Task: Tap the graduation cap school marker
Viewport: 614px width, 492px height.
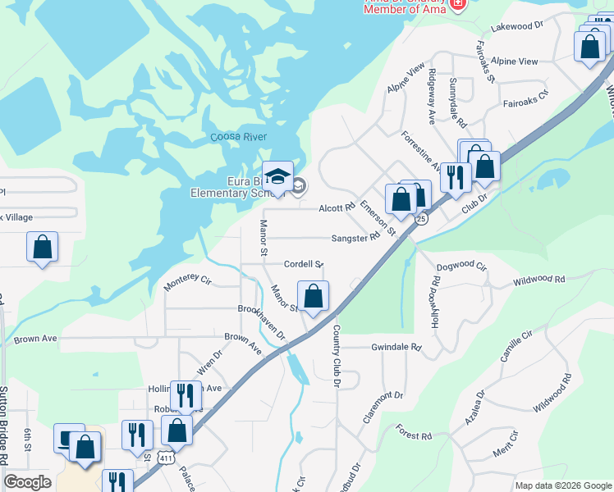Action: (279, 178)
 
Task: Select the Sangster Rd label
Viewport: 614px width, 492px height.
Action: (355, 238)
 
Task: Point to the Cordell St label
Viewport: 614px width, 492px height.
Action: (303, 264)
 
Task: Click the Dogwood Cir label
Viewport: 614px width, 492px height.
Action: (461, 266)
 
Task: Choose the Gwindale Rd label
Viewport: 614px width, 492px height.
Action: (396, 347)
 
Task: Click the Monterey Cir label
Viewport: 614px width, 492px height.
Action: (188, 281)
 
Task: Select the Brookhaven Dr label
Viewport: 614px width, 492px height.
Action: (260, 324)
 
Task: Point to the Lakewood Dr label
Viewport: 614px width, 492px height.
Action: (517, 26)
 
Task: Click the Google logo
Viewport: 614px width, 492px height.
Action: (27, 482)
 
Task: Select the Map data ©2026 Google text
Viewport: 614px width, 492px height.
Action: (562, 485)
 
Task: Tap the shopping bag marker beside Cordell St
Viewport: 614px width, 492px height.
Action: (313, 297)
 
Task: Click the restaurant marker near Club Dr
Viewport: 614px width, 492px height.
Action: (454, 177)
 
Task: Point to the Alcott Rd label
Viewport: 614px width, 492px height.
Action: (337, 208)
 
